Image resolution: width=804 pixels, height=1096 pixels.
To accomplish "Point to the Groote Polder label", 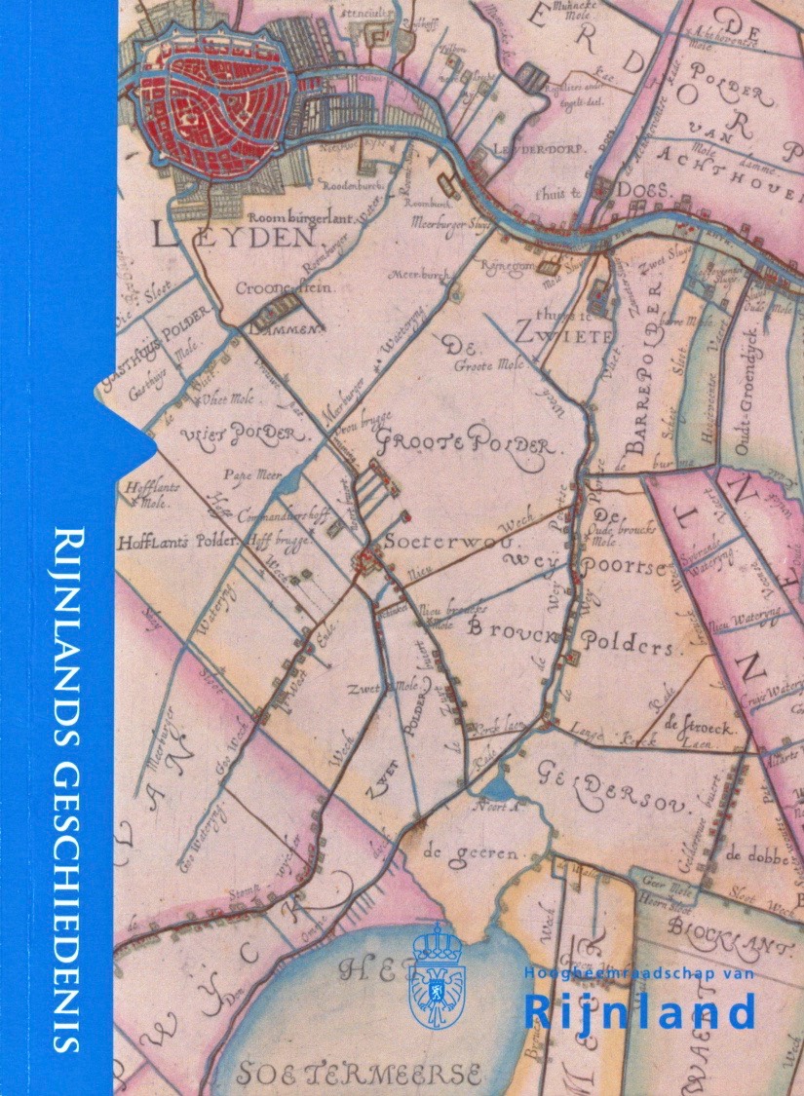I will pyautogui.click(x=466, y=442).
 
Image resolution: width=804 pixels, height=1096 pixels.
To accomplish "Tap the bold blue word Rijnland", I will pyautogui.click(x=639, y=1011).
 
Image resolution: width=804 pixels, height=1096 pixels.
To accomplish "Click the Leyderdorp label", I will pyautogui.click(x=531, y=151).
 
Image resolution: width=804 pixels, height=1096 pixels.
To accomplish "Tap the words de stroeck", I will pyautogui.click(x=698, y=727).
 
